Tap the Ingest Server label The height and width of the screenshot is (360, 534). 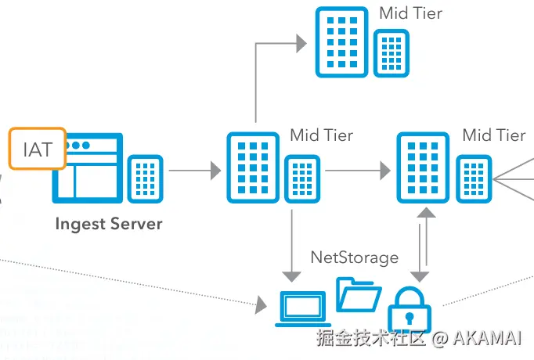pyautogui.click(x=109, y=225)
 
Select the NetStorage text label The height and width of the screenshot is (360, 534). pyautogui.click(x=355, y=257)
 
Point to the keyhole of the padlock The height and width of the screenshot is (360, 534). pyautogui.click(x=410, y=319)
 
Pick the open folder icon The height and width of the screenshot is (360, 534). pyautogui.click(x=359, y=295)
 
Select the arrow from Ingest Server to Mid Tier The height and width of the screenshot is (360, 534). pyautogui.click(x=195, y=170)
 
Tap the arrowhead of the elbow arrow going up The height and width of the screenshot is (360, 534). pyautogui.click(x=301, y=44)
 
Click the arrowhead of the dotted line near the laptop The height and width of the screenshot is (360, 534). pyautogui.click(x=262, y=304)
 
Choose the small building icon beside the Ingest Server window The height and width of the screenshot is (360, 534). pyautogui.click(x=146, y=179)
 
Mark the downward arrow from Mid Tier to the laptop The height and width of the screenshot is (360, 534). pyautogui.click(x=291, y=246)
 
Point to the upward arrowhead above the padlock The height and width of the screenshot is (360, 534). pyautogui.click(x=426, y=213)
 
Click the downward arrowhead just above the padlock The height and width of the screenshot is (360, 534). pyautogui.click(x=420, y=277)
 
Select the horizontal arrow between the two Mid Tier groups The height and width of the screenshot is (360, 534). pyautogui.click(x=358, y=170)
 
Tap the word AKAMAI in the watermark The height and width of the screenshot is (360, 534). pyautogui.click(x=487, y=338)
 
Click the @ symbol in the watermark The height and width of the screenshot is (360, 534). pyautogui.click(x=440, y=339)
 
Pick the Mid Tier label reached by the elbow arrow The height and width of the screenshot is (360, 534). pyautogui.click(x=411, y=13)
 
